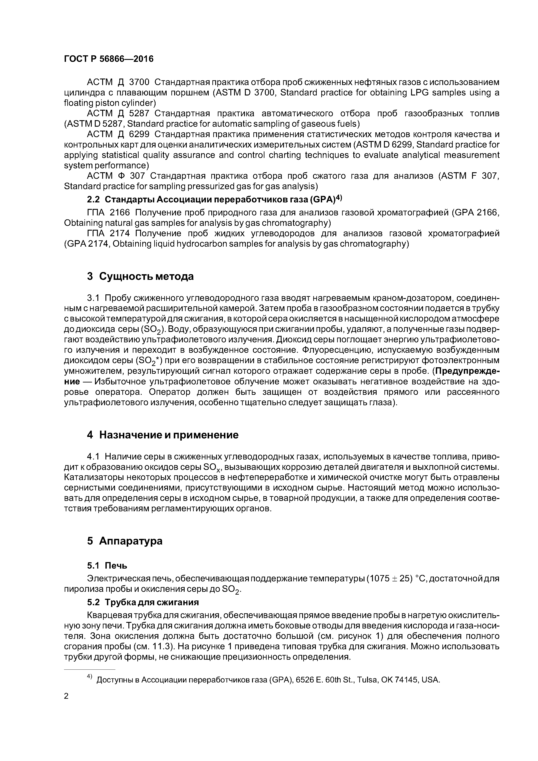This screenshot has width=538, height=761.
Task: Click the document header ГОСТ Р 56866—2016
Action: (109, 59)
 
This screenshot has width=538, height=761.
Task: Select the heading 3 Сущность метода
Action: (140, 276)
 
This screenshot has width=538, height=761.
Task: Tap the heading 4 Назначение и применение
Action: (162, 435)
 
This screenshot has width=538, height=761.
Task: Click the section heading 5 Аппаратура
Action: (125, 541)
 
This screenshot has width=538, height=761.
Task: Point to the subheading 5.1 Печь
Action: (107, 566)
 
